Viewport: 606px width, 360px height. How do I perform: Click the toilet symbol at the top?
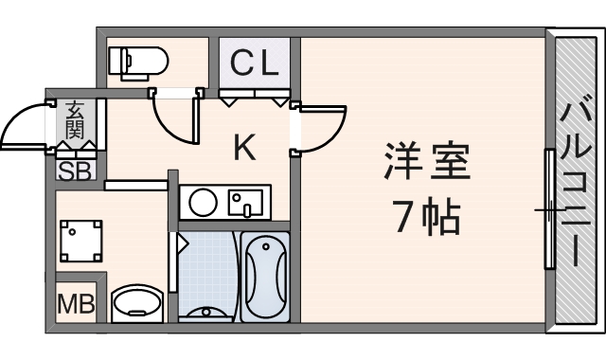(x=137, y=62)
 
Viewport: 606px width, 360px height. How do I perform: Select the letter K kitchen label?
(x=244, y=147)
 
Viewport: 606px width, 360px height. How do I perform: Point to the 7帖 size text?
(x=426, y=218)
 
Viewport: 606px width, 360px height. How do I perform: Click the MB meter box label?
(x=77, y=304)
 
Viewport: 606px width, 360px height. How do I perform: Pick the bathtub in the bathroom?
(x=265, y=275)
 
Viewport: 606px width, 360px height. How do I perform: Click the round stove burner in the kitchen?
(x=201, y=202)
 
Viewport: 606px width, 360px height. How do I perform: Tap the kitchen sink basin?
(x=246, y=204)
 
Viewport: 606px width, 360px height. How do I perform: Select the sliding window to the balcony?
(x=548, y=209)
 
